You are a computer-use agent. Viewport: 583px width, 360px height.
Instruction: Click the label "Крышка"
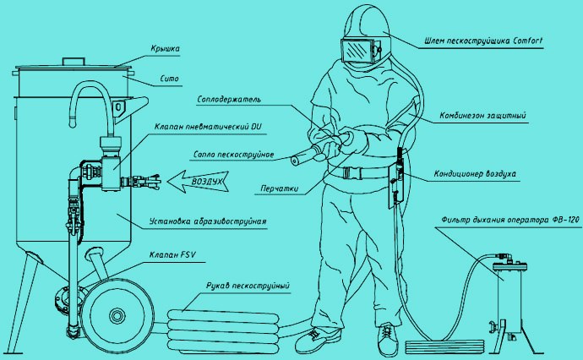point(166,49)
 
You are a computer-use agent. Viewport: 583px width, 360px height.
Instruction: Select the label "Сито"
point(170,79)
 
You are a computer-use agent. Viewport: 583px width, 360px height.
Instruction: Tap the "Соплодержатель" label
point(229,100)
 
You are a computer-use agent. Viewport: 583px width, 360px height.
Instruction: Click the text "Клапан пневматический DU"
point(208,127)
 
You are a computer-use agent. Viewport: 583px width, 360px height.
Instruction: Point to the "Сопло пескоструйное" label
point(233,155)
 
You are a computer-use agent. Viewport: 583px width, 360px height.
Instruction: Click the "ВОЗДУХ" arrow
point(198,182)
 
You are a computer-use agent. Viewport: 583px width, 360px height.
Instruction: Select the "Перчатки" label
point(280,188)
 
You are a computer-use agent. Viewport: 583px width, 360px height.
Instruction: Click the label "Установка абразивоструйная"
point(208,221)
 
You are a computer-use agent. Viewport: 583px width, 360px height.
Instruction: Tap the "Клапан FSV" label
point(172,254)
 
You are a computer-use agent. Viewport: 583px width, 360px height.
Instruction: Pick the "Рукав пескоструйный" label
point(248,286)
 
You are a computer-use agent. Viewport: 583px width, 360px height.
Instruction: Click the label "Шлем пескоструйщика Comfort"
point(484,41)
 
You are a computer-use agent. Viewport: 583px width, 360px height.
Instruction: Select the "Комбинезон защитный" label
point(483,116)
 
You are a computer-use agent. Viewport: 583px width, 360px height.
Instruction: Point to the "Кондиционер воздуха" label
point(475,174)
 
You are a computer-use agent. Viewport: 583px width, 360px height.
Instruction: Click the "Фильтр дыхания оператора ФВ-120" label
point(510,220)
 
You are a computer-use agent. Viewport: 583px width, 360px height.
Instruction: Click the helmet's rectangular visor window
point(357,50)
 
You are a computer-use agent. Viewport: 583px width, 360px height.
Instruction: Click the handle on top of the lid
point(74,62)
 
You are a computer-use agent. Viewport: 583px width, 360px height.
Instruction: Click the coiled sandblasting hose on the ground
point(223,330)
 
